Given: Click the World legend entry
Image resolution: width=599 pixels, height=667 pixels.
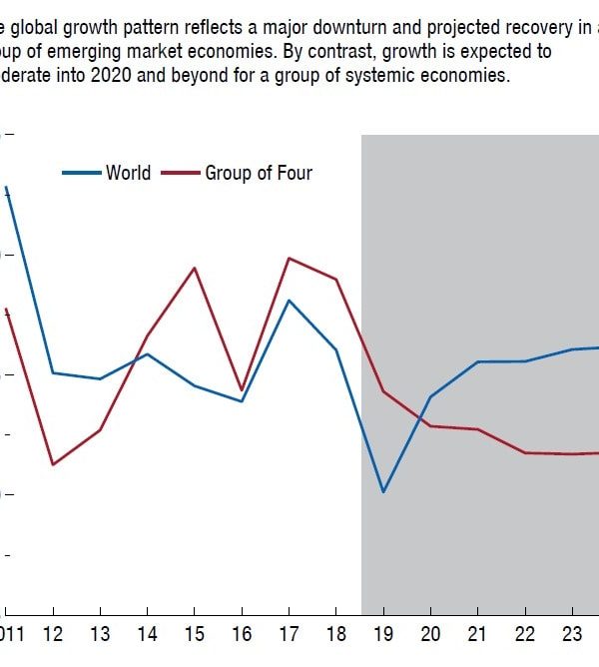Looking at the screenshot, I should point(128,173).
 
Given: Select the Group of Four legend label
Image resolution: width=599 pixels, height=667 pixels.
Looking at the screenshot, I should point(259,173).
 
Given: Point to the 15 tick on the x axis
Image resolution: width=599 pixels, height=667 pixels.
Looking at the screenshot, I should point(194,634).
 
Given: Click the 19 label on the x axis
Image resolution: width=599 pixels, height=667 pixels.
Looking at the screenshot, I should point(382,634).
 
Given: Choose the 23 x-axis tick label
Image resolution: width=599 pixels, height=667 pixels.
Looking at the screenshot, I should point(570,634).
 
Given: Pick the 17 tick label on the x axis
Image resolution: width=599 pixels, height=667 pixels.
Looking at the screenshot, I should point(289,634).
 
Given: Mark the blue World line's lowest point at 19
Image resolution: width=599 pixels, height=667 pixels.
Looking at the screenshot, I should point(382,492).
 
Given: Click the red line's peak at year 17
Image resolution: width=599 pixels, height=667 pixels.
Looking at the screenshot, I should point(289,259).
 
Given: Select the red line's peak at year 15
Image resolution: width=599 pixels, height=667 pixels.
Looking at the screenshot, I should point(195,268).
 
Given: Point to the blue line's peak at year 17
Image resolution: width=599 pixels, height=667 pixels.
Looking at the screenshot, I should point(289,301).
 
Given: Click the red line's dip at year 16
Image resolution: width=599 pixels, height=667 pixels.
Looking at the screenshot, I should point(241,389).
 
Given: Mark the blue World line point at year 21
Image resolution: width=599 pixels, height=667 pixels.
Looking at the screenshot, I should point(477,361).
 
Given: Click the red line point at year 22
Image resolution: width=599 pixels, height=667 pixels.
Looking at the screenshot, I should point(525,453).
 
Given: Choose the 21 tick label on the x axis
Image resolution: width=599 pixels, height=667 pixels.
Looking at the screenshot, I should point(476,634).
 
